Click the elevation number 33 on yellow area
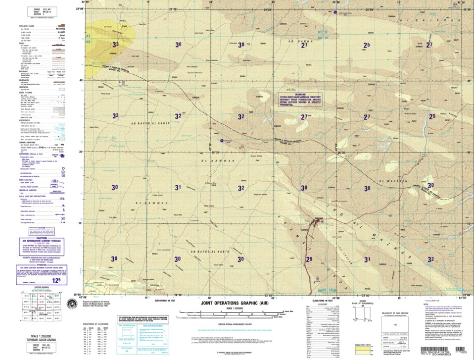(115, 45)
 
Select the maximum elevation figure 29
(309, 259)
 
